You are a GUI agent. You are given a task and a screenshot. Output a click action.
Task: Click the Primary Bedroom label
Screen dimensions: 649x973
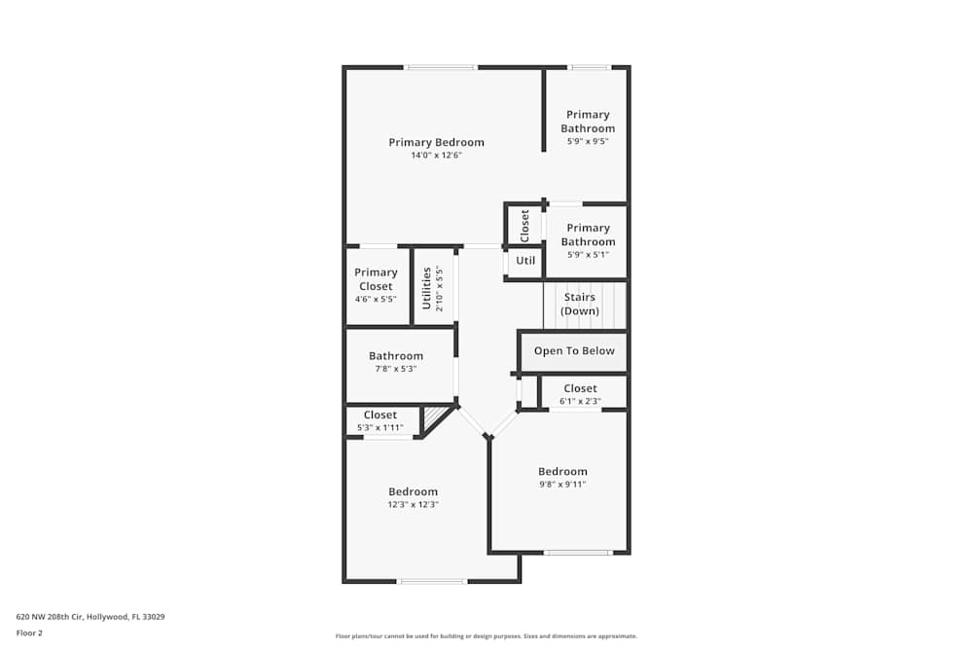click(436, 142)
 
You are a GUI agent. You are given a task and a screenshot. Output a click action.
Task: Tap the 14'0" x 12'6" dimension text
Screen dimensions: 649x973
click(436, 155)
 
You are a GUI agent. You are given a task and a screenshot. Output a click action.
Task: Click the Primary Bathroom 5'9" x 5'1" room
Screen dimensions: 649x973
click(588, 235)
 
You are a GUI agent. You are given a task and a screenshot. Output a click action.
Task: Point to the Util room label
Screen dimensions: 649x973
click(525, 261)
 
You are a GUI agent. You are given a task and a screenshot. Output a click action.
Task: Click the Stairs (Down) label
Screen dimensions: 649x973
click(580, 304)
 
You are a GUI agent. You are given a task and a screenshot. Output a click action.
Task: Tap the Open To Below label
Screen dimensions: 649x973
click(574, 351)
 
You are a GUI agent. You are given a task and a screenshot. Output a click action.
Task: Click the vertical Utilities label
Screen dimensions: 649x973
click(426, 288)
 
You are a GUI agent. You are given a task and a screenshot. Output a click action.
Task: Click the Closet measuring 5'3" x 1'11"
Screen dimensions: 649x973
click(380, 420)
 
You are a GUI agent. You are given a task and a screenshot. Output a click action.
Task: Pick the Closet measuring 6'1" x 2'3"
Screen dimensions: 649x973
click(580, 394)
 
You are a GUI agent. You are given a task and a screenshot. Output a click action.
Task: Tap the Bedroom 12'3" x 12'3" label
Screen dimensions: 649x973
click(414, 491)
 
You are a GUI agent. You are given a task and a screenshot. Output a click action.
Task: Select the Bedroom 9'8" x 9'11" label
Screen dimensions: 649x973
click(562, 472)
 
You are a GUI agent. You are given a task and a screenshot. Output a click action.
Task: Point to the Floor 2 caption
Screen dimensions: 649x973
click(29, 632)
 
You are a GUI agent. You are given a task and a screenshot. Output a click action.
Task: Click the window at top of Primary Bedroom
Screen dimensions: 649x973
click(441, 67)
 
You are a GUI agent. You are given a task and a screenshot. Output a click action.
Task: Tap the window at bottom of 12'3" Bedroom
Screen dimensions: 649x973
click(432, 581)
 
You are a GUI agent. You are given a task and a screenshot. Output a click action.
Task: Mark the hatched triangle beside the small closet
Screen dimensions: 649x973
click(433, 418)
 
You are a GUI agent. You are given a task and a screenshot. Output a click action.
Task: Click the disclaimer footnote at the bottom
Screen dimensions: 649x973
click(486, 635)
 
